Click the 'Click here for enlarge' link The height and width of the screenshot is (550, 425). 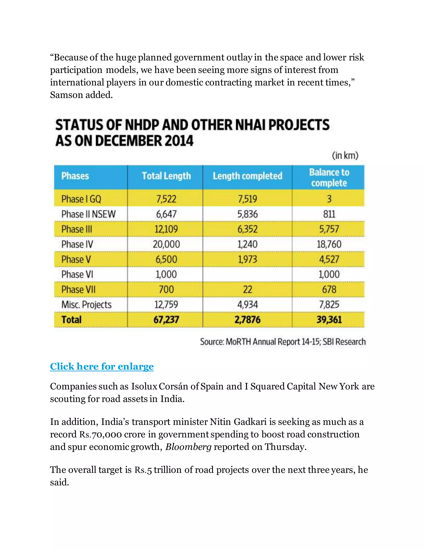pyautogui.click(x=102, y=366)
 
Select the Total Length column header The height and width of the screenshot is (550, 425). pyautogui.click(x=166, y=176)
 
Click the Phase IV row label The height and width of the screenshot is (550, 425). pyautogui.click(x=77, y=244)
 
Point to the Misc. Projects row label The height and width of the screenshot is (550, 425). pyautogui.click(x=86, y=305)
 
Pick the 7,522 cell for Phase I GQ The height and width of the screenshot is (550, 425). pyautogui.click(x=166, y=199)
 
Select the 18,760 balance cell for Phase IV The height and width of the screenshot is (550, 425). pyautogui.click(x=329, y=244)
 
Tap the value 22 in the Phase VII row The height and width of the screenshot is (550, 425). pyautogui.click(x=248, y=290)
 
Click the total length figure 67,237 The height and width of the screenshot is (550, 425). pyautogui.click(x=166, y=320)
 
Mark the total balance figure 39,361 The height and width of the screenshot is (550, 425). pyautogui.click(x=329, y=320)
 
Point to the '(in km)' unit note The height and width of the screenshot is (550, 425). pyautogui.click(x=345, y=155)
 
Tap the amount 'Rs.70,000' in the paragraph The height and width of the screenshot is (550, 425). pyautogui.click(x=101, y=434)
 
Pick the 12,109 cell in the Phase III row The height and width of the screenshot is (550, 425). pyautogui.click(x=166, y=229)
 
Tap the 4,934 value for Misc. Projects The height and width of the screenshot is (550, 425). pyautogui.click(x=248, y=305)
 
